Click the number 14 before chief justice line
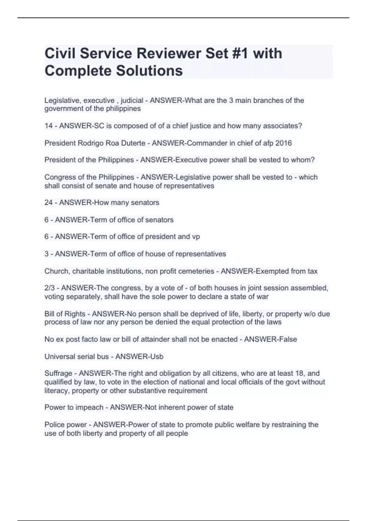[x=48, y=126]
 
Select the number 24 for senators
[x=48, y=203]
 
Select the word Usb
[x=157, y=356]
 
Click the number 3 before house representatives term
[x=46, y=254]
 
